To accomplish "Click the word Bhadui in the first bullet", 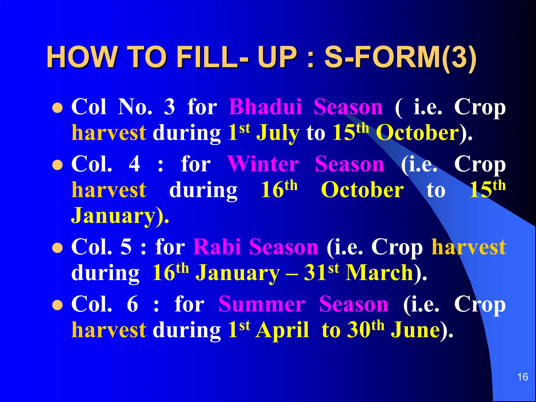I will click(265, 107).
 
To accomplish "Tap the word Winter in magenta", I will click(263, 164).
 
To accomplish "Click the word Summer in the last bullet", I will click(262, 304).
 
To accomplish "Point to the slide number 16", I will click(522, 377).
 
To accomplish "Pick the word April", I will click(282, 330).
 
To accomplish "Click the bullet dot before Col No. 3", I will click(57, 108).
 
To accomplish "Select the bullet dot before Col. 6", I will click(57, 305).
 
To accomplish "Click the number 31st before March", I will click(321, 272).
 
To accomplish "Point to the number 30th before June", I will click(365, 329).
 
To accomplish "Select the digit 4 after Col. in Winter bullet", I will click(135, 164).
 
